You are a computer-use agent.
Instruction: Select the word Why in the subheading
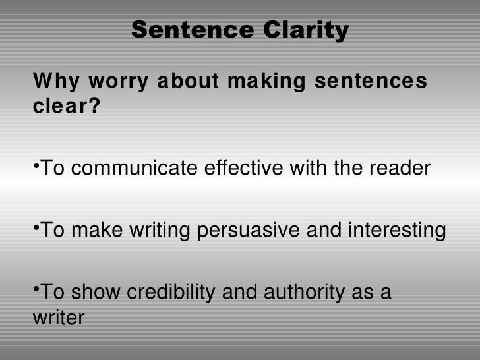coord(52,82)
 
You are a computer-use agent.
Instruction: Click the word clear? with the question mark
coord(67,107)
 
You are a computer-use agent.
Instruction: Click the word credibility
coord(170,293)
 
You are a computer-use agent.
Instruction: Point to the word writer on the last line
coord(59,318)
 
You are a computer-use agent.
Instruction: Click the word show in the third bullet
coord(95,293)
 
